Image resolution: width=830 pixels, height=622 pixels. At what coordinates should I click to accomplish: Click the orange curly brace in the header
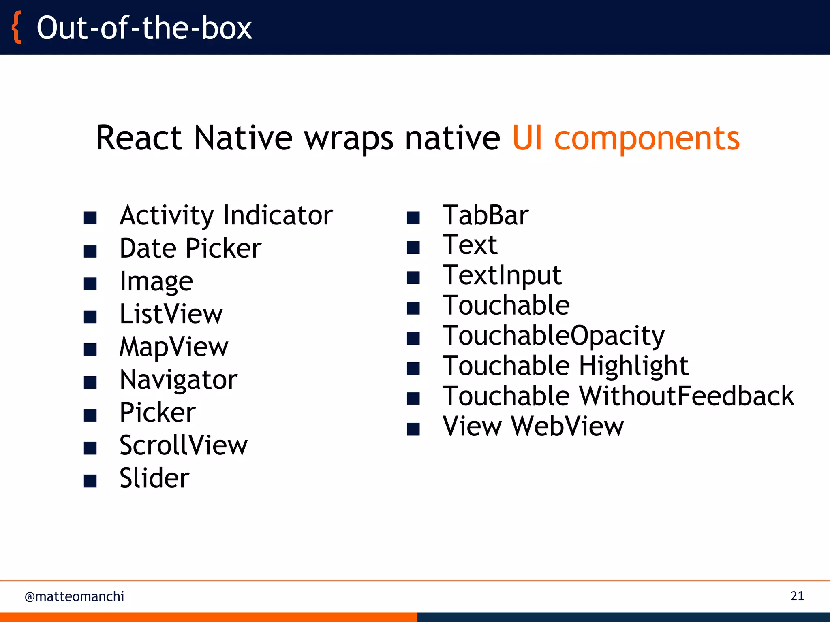[16, 28]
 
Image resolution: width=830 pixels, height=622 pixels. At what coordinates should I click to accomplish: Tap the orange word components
[647, 138]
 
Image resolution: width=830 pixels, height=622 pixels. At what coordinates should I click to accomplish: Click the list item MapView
[174, 347]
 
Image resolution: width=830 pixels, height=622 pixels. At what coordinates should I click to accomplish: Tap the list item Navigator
[178, 380]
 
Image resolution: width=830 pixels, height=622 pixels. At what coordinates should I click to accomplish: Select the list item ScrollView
[183, 445]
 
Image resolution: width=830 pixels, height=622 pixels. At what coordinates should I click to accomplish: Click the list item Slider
[154, 478]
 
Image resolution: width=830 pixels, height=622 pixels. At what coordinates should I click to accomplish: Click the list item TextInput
[502, 275]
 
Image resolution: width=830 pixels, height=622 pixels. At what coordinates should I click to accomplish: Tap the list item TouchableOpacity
[553, 336]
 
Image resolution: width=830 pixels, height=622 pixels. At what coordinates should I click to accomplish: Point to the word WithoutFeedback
[687, 396]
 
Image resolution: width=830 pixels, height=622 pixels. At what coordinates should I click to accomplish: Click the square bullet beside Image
[90, 284]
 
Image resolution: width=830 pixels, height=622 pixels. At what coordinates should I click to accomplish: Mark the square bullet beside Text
[413, 247]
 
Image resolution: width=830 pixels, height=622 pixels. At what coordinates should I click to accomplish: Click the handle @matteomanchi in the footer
[74, 596]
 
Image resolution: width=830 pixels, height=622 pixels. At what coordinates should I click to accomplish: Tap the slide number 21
[797, 596]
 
